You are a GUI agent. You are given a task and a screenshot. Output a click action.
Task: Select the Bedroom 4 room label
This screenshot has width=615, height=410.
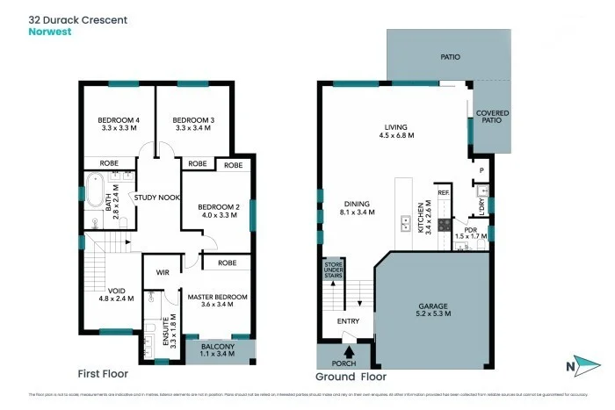tap(118, 124)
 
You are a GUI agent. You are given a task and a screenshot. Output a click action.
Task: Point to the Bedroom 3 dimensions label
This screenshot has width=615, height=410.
tap(194, 129)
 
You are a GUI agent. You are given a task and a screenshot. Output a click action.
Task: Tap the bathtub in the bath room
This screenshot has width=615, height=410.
tap(94, 192)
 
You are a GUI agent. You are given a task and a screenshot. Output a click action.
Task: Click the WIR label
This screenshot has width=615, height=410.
tap(162, 273)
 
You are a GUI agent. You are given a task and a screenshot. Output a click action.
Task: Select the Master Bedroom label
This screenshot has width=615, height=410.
tap(218, 301)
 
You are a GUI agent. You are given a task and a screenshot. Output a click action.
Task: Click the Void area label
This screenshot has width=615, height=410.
tap(117, 295)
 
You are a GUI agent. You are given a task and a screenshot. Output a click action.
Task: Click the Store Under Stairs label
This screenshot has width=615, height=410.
tap(332, 269)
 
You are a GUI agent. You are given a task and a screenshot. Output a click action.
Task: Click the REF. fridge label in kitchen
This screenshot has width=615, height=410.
tap(444, 192)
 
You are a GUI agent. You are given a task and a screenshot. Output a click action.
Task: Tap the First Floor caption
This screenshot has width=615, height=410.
tap(103, 373)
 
